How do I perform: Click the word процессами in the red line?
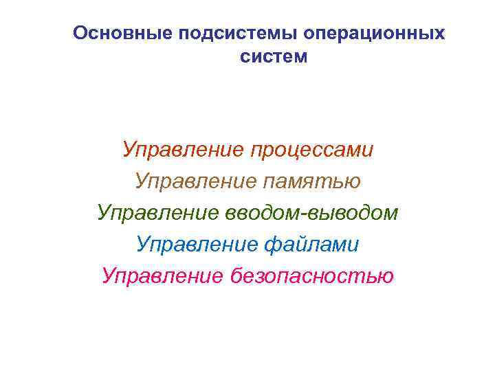pos(311,150)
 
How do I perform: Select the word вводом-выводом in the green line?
pos(311,213)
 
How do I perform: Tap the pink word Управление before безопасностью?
pos(162,276)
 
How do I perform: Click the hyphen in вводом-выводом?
pos(313,214)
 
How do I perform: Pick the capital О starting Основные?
pos(80,33)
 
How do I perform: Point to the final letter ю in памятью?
pos(353,182)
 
